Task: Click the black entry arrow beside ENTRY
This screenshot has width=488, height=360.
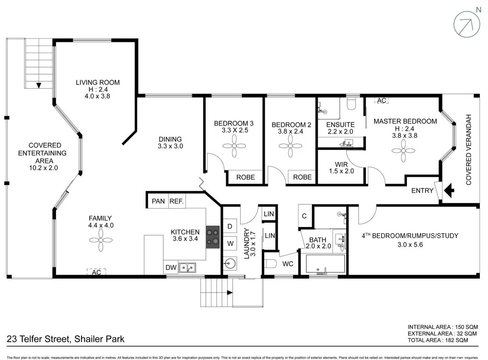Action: tap(448, 191)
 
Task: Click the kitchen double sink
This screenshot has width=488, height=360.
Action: tap(187, 267)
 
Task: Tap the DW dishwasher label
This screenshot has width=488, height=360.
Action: tap(171, 267)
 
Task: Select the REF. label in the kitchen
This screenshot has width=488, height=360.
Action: tap(176, 201)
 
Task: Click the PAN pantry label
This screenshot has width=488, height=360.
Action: tap(158, 201)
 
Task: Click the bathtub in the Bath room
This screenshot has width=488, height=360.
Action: tap(325, 264)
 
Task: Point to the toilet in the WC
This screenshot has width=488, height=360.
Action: tap(271, 264)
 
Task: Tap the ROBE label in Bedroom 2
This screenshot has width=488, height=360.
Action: tap(302, 177)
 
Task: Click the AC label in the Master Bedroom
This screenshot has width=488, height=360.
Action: tap(382, 101)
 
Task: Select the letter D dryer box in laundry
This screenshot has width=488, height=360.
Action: tap(230, 226)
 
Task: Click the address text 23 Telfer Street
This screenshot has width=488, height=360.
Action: tap(66, 339)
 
